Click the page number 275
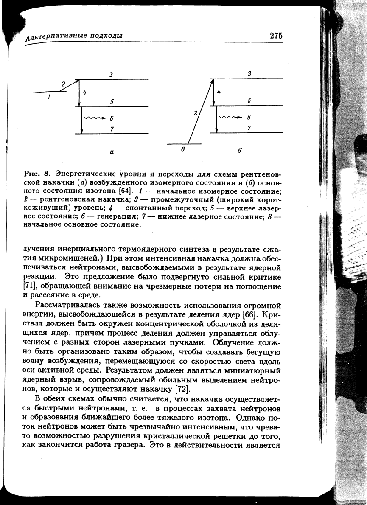pyautogui.click(x=275, y=36)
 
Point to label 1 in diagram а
pyautogui.click(x=50, y=97)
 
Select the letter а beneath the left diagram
pyautogui.click(x=112, y=156)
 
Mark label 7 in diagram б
pyautogui.click(x=249, y=127)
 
